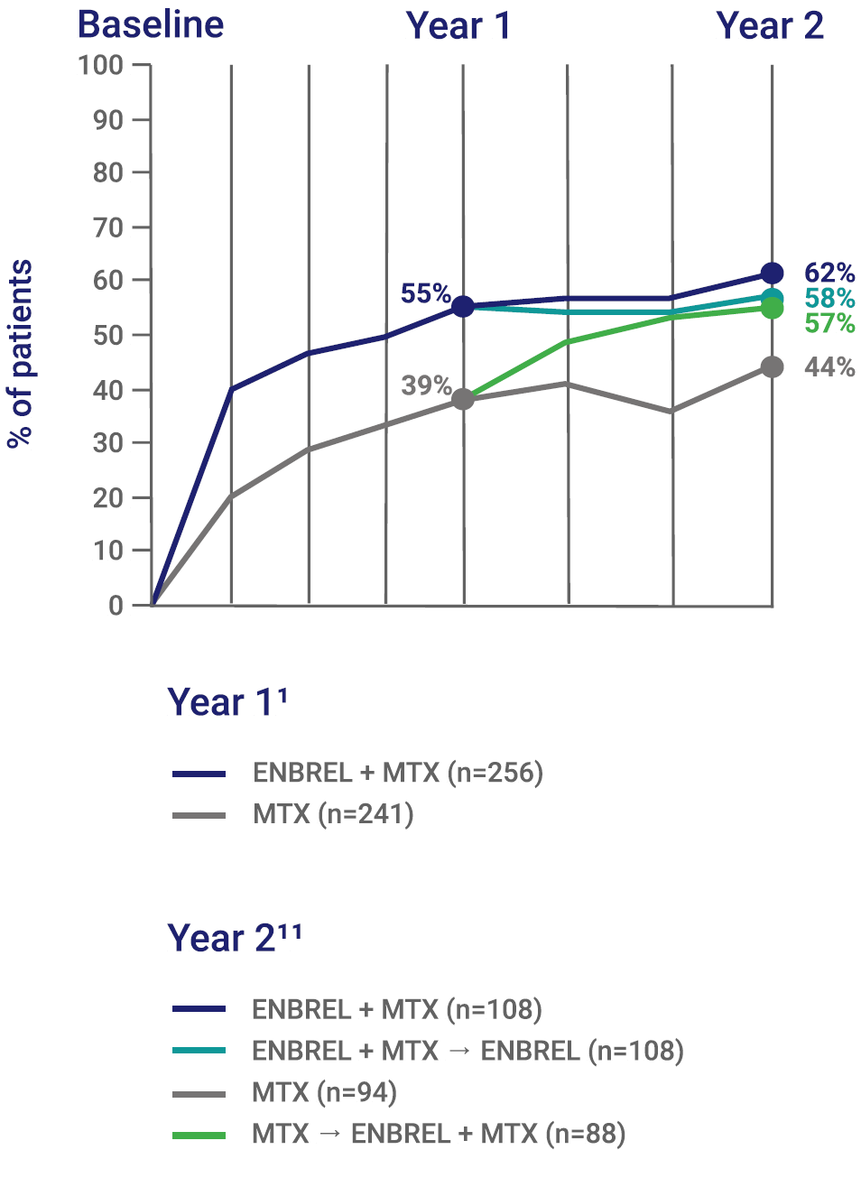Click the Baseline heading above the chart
151,24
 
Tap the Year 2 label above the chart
769,26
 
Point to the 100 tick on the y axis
100,65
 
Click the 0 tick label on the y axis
116,606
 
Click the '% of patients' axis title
21,354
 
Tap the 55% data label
425,293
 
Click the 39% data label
425,385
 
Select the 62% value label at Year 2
829,273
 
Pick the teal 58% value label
829,299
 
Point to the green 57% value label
829,323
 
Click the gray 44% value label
829,366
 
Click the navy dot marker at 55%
463,307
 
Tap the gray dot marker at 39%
463,399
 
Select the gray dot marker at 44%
772,366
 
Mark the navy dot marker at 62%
772,273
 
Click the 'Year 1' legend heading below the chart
227,702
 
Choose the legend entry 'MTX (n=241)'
333,814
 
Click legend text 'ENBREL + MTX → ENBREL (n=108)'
468,1051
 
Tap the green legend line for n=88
199,1135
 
